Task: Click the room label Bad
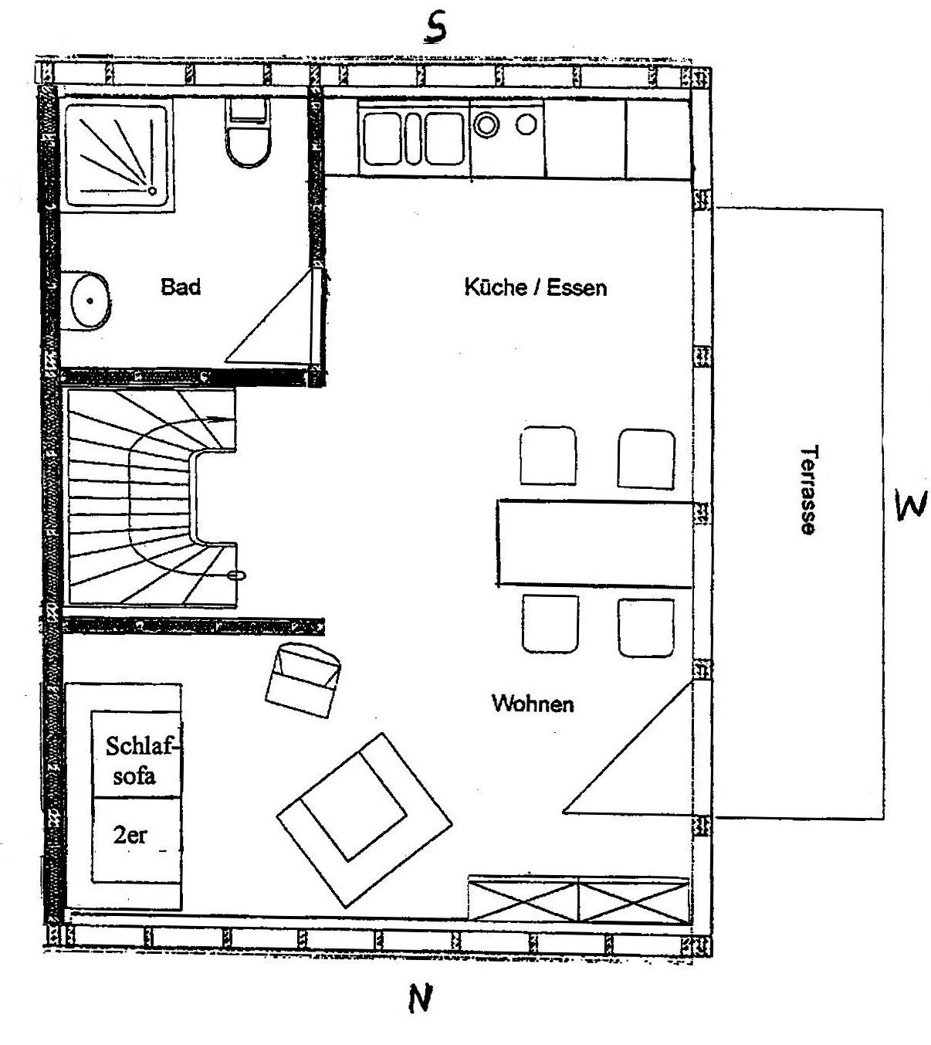tap(181, 287)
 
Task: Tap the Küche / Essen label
tap(536, 287)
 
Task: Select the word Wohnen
tap(533, 704)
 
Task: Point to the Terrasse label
tap(808, 490)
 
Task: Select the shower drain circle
tap(152, 191)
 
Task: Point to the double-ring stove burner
tap(486, 124)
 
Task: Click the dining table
tap(594, 543)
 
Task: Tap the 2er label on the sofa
tap(130, 835)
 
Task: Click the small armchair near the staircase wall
tap(303, 680)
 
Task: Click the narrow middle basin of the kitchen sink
tap(414, 138)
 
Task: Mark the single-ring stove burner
tap(526, 124)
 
